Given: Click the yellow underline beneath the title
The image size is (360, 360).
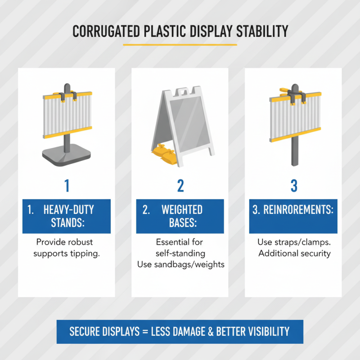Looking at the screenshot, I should tap(180, 45).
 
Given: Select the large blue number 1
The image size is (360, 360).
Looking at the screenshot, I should tap(67, 185).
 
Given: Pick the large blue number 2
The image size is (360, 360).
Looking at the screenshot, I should tap(180, 185).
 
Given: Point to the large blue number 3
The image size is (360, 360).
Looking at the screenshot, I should tap(293, 185).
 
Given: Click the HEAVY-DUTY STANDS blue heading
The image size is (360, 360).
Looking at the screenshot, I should tap(67, 216).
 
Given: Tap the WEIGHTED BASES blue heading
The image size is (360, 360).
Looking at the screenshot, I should tap(180, 216).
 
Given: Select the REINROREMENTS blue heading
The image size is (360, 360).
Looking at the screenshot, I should tap(293, 210).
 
